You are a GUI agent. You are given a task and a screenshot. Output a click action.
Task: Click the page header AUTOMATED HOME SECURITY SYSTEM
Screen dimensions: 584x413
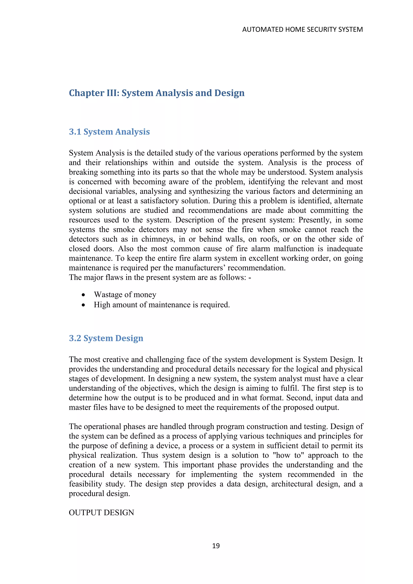click(x=302, y=29)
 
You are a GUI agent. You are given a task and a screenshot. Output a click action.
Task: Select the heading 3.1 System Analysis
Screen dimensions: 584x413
click(x=109, y=131)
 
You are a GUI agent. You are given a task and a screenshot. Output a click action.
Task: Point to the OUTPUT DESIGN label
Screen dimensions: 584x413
click(x=101, y=513)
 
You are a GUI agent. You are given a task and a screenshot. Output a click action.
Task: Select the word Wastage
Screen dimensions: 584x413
click(x=108, y=295)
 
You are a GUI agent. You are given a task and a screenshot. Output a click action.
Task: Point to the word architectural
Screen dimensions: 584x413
click(x=292, y=484)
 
